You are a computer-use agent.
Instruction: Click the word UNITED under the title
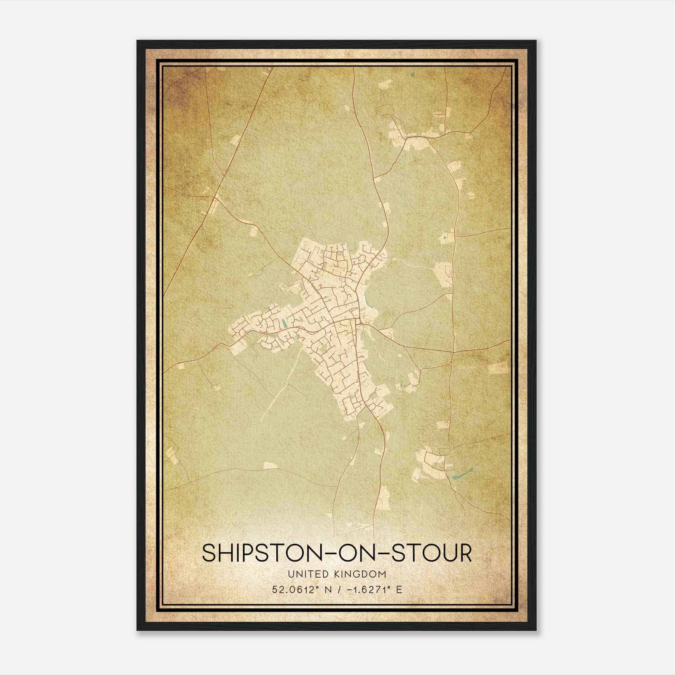306,574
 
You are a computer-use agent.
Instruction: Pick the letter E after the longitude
399,589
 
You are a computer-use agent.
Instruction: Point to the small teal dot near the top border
412,75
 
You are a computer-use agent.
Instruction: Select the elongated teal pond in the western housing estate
285,324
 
